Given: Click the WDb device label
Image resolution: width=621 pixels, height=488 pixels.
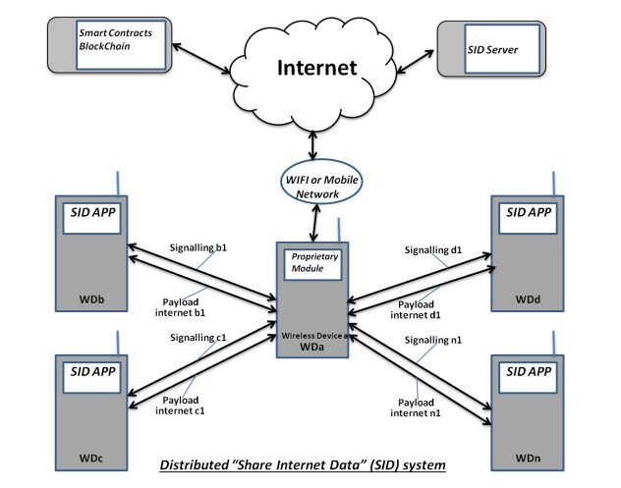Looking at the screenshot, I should [87, 298].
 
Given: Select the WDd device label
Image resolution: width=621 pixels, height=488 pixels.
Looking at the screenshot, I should [530, 298].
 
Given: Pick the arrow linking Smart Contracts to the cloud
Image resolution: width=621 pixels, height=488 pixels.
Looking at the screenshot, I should [202, 58].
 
